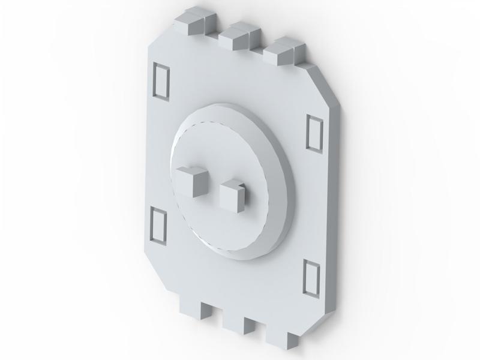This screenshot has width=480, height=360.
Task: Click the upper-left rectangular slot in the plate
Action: (x=161, y=81)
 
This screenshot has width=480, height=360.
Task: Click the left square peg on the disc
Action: (x=191, y=182)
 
